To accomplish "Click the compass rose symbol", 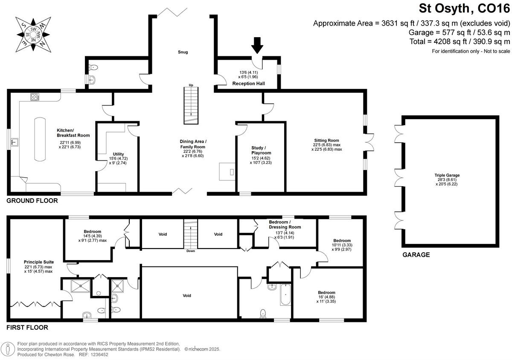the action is [33, 35].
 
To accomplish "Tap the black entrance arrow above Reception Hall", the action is [257, 46].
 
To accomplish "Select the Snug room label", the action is [183, 52].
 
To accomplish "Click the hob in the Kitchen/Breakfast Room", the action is [35, 97].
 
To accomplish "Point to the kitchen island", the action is [40, 139].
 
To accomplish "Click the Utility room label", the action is [118, 154].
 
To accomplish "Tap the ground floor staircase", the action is [191, 105].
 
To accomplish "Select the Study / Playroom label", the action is [261, 150].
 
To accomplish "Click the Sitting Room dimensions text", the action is [327, 147].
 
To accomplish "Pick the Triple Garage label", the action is [447, 175].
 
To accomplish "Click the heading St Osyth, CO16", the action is [464, 9].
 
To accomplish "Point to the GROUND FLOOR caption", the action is [32, 201].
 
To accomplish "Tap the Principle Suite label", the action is [39, 262].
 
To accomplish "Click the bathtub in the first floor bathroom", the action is [285, 295].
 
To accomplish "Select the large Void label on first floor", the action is [187, 296].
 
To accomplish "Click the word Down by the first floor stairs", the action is [191, 251].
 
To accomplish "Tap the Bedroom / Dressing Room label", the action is [285, 224].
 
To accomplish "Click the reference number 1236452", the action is [100, 354].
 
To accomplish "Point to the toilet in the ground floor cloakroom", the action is [93, 67].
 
